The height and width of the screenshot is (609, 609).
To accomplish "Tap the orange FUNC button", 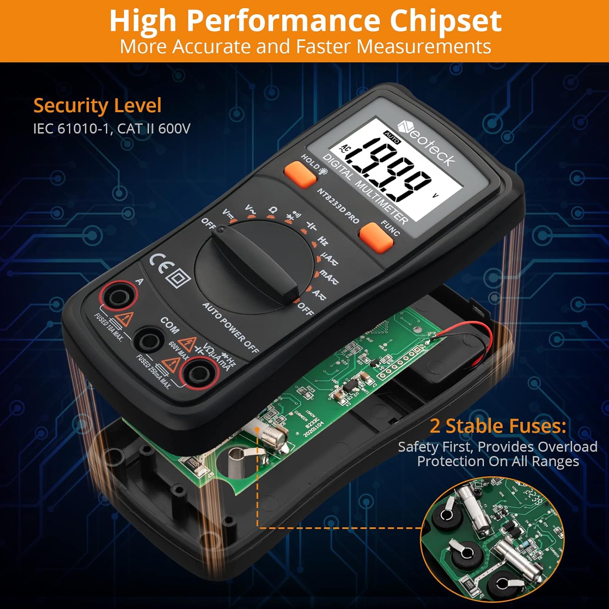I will (x=376, y=238).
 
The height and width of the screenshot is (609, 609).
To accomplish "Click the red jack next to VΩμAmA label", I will (x=199, y=374).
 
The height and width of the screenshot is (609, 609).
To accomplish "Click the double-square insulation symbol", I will (x=179, y=279).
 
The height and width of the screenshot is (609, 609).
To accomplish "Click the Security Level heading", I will (x=97, y=106).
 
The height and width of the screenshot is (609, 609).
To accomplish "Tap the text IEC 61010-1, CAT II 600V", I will (x=112, y=129).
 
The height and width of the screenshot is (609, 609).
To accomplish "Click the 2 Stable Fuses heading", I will (x=498, y=426).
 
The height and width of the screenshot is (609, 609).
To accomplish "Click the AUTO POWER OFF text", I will (x=230, y=327).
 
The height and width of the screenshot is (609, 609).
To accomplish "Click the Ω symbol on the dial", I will (x=273, y=210).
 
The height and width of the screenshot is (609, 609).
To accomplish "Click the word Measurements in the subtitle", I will (x=424, y=46).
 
